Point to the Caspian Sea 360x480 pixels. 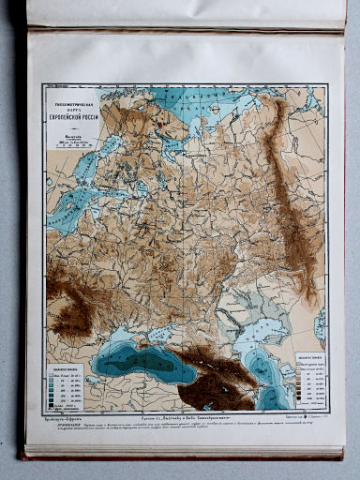click(x=267, y=356)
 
